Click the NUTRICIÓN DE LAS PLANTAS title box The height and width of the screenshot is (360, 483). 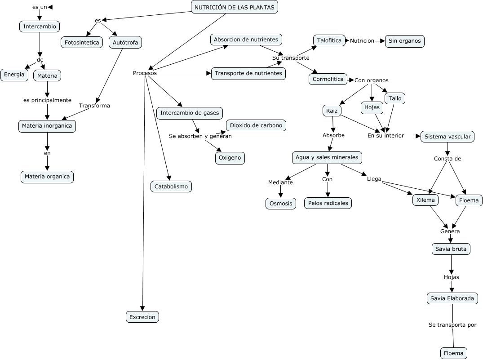tap(235, 7)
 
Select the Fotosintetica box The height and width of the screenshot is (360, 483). tap(82, 43)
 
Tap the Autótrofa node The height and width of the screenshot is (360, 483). tap(125, 43)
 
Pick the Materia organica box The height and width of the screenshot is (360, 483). tap(47, 177)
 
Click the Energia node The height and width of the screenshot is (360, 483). tap(14, 75)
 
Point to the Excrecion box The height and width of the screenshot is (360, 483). tap(142, 317)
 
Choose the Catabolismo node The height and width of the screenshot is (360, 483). tap(171, 187)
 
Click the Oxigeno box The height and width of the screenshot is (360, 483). tap(230, 158)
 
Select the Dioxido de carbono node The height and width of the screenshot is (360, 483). tap(256, 125)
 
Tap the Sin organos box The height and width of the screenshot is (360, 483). tap(404, 41)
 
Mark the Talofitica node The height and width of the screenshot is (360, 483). tap(329, 40)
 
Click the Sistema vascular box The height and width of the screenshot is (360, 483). tap(448, 137)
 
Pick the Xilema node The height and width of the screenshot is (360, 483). tap(425, 200)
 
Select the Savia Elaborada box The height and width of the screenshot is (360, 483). tap(452, 298)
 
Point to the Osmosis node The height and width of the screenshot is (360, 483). tap(281, 204)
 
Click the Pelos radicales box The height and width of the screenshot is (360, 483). tap(328, 203)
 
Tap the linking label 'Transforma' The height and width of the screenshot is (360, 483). tap(94, 106)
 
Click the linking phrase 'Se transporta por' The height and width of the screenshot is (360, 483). tap(452, 325)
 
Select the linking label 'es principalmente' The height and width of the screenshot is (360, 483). tap(48, 101)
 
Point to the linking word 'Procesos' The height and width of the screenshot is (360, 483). tap(145, 73)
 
